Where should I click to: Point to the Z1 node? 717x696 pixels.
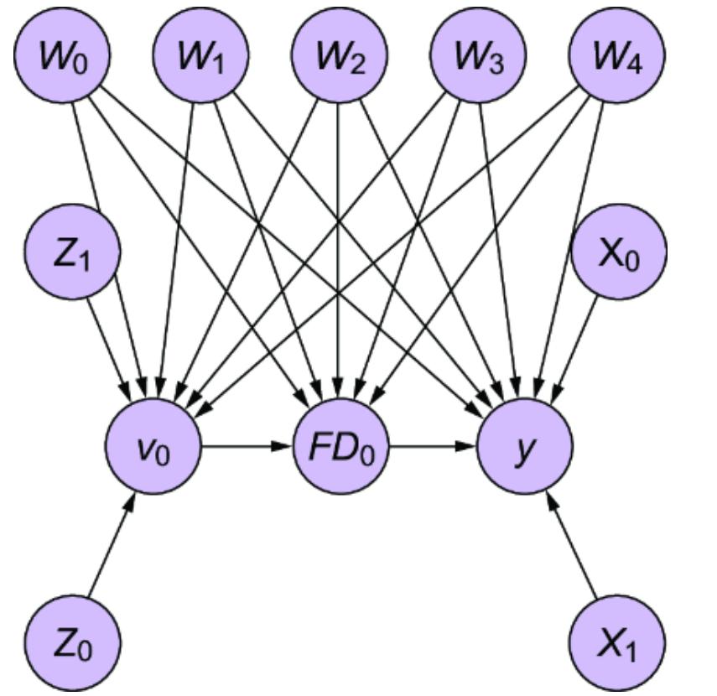(x=72, y=252)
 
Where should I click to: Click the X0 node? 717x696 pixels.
(x=618, y=252)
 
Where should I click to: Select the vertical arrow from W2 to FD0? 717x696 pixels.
(x=339, y=252)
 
